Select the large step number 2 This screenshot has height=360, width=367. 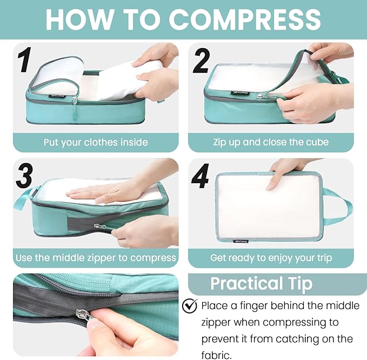201,61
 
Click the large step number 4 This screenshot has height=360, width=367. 200,176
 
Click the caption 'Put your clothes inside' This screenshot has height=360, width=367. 96,143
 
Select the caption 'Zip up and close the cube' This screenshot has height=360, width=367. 271,143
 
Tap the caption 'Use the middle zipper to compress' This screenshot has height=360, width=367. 96,258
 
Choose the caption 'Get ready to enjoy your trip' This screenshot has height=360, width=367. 271,258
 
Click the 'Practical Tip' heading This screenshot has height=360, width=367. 261,284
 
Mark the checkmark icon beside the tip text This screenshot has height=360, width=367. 190,306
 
